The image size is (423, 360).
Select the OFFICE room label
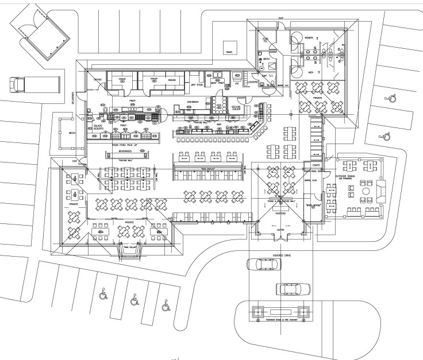[98, 80]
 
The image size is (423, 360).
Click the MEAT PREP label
[217, 81]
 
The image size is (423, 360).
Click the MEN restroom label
[310, 72]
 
